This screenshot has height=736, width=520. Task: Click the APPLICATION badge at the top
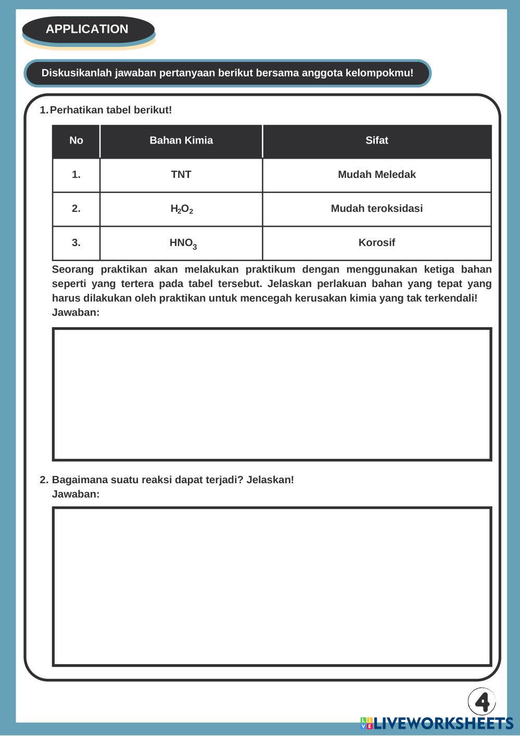(87, 29)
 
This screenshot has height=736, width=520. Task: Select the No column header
(76, 140)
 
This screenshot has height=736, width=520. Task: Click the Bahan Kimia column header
(181, 140)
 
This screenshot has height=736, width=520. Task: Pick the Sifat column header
(376, 140)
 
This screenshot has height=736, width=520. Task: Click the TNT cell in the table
(181, 175)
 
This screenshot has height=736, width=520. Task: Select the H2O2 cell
(182, 209)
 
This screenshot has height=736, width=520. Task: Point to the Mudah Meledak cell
(376, 175)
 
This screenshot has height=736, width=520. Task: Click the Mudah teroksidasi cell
(376, 209)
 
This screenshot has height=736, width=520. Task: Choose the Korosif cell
(376, 243)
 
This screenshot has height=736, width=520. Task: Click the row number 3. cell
(76, 243)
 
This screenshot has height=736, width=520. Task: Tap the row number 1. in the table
(76, 175)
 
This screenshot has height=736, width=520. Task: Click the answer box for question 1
(272, 394)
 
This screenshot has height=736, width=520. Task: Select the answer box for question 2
(272, 586)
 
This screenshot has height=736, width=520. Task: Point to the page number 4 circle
(482, 702)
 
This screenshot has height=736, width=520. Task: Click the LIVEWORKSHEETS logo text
(443, 723)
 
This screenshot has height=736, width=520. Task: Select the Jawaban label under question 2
(75, 494)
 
